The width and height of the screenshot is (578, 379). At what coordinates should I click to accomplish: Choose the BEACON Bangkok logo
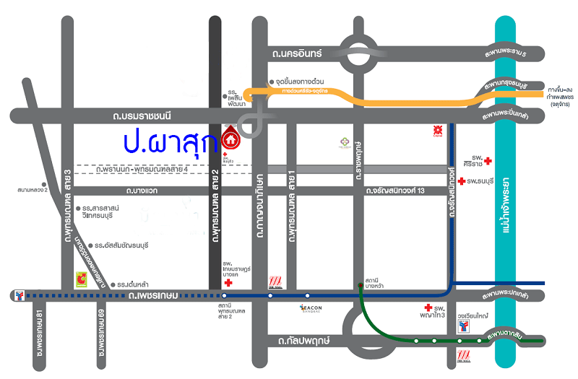tap(316, 308)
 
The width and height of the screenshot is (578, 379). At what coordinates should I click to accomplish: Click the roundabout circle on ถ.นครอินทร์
tap(359, 55)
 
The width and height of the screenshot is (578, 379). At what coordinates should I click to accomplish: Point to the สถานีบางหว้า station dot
tap(360, 286)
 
